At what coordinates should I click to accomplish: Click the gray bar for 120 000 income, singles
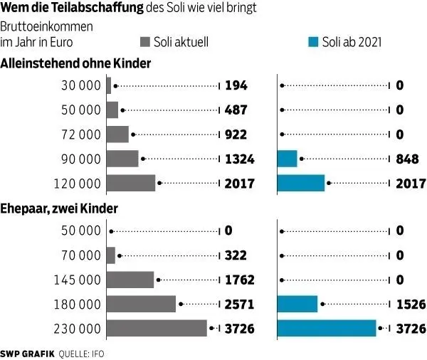(x=130, y=183)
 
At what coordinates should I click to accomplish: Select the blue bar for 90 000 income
(x=287, y=159)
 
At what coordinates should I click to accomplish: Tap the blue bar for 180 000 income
(x=297, y=304)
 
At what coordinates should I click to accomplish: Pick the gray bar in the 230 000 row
(x=156, y=328)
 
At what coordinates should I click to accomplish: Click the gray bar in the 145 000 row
(x=130, y=280)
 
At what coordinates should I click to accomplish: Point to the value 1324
(x=239, y=159)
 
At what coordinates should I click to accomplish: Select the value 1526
(x=410, y=304)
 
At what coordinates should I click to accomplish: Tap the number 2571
(x=239, y=304)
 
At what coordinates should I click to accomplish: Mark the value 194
(x=236, y=86)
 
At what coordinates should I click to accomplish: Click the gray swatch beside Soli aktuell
(x=146, y=42)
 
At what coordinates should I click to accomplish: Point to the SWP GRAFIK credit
(x=27, y=352)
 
